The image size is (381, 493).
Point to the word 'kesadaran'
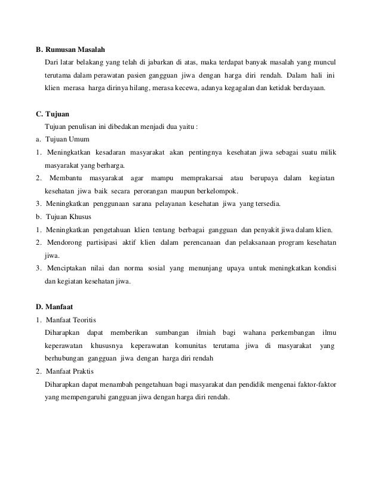pos(112,152)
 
